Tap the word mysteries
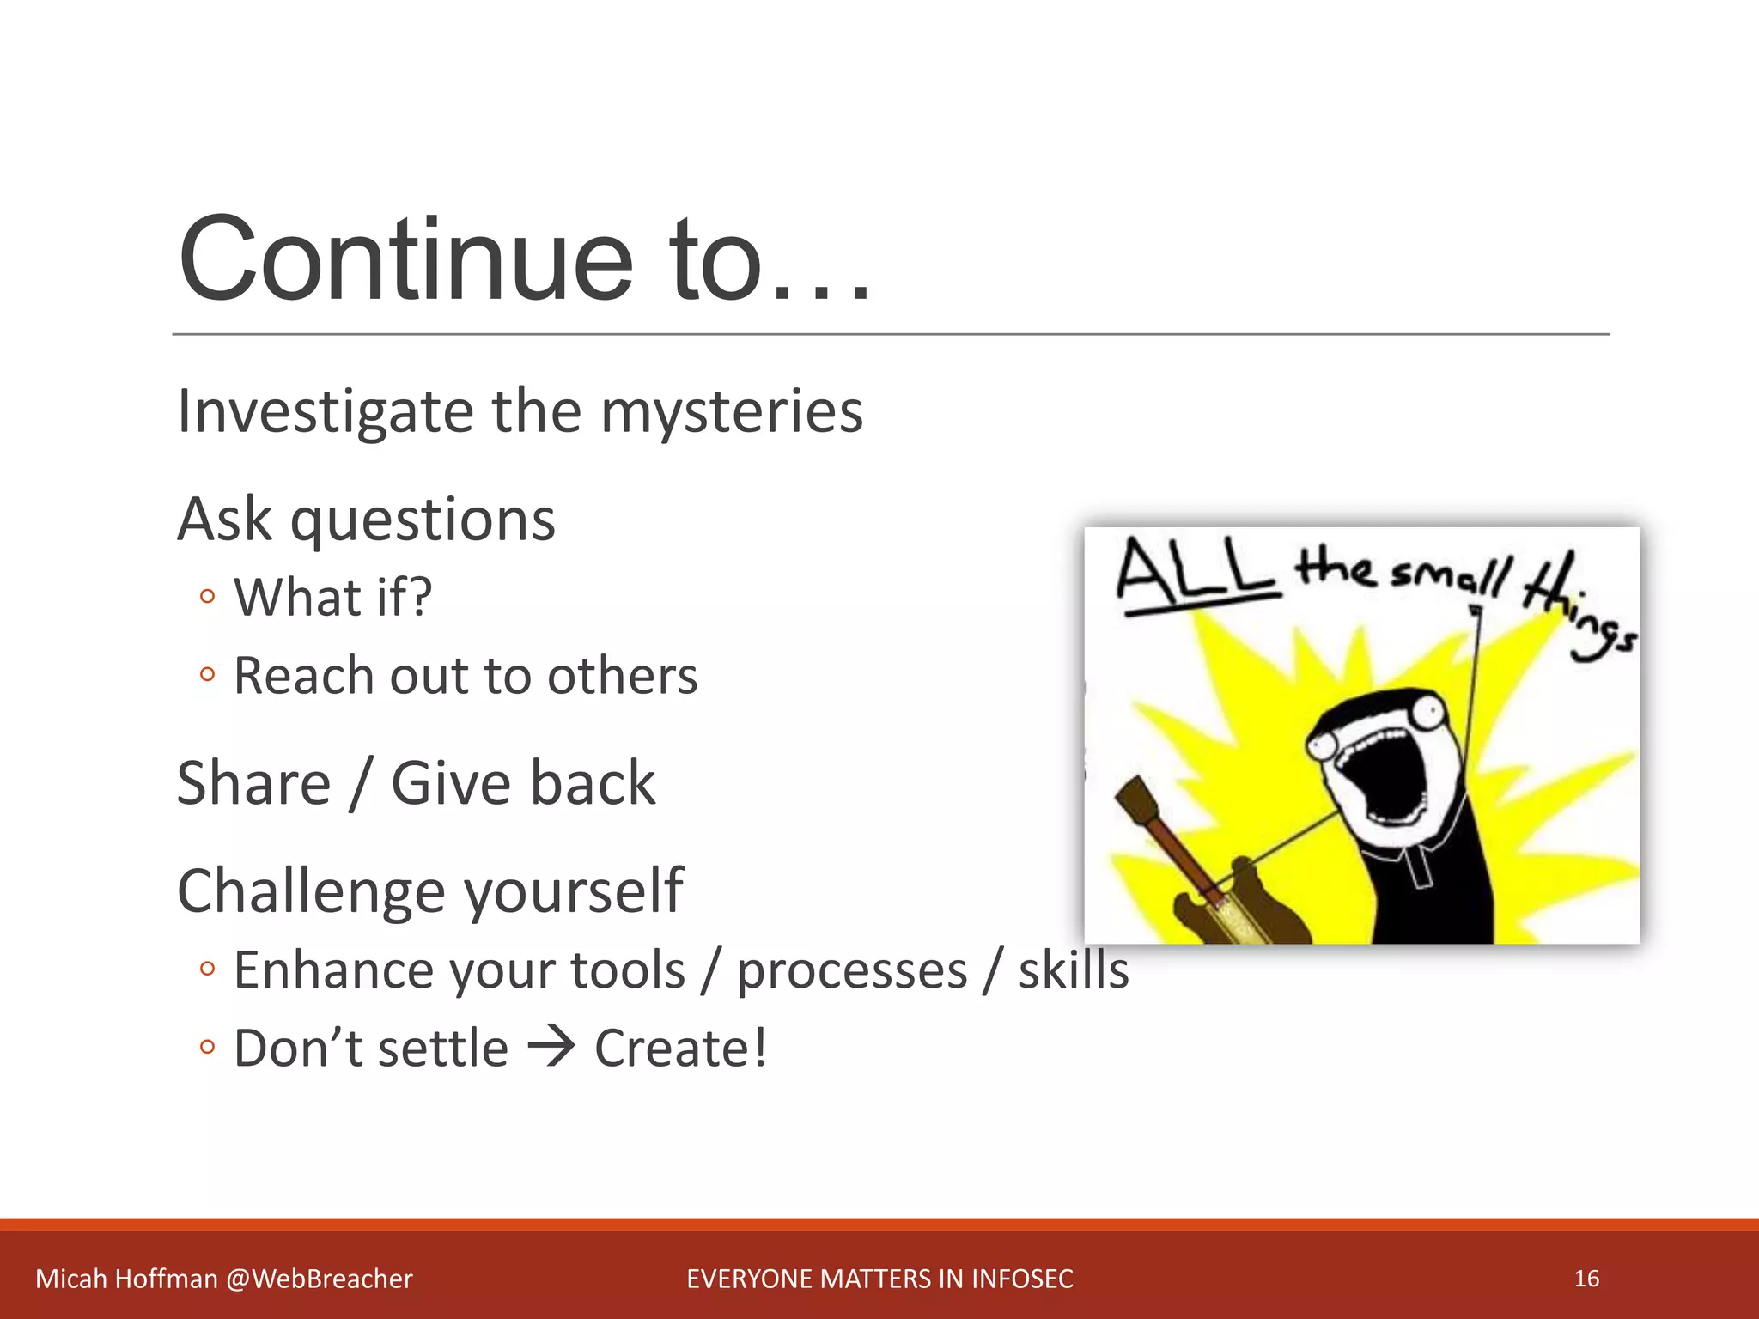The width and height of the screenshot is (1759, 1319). (731, 411)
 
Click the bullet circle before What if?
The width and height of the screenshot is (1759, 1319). (206, 596)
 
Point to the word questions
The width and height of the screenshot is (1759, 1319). (423, 520)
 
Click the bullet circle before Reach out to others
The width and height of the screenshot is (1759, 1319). (206, 674)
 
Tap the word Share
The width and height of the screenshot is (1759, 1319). (253, 783)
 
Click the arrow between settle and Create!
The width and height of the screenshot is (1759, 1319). (551, 1048)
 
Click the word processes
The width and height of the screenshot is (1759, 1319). (852, 971)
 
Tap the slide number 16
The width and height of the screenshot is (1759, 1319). (1586, 1279)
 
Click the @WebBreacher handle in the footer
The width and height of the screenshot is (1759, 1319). (320, 1279)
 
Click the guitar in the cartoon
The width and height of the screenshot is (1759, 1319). (1202, 884)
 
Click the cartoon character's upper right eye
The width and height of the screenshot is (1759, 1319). (1427, 709)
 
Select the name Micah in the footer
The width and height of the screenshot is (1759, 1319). (71, 1279)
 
